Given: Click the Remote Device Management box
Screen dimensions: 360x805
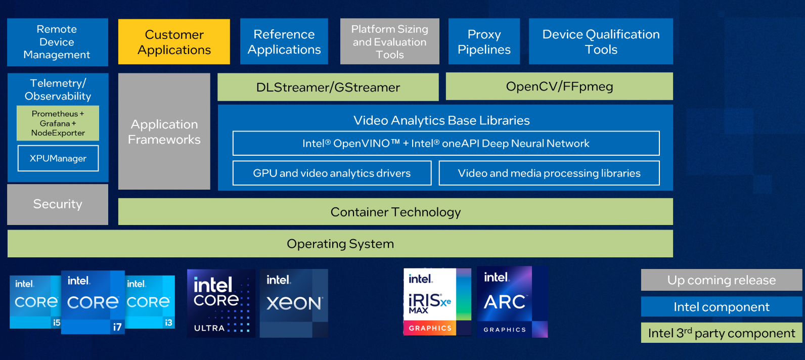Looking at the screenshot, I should point(57,42).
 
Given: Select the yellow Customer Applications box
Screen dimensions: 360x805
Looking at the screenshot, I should point(174,42).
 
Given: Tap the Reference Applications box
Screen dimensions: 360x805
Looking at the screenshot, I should point(284,42).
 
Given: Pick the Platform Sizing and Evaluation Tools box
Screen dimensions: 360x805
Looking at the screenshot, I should point(389,42).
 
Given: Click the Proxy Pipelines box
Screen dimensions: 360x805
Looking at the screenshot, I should point(484,42).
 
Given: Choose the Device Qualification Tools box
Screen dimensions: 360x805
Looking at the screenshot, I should point(601,42).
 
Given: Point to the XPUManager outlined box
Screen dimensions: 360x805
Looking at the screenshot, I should point(58,158).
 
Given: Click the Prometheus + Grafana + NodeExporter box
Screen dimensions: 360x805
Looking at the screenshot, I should point(58,123).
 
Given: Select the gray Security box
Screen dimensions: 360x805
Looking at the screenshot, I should point(58,204).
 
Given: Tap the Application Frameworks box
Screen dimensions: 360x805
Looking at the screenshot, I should point(164,131).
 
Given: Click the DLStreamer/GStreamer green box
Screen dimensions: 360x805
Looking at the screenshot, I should point(328,87).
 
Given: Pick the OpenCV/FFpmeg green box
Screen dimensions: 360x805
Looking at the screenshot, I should point(559,86).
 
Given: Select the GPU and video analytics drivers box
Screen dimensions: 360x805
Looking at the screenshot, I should point(332,173).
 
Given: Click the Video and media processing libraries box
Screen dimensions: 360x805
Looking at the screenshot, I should point(549,173).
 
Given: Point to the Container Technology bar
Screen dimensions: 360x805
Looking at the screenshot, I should point(395,212).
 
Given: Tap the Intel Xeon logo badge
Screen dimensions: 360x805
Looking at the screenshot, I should point(294,303).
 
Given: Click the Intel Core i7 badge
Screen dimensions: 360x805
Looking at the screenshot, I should point(93,302).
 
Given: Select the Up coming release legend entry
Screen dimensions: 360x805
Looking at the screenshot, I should point(721,280).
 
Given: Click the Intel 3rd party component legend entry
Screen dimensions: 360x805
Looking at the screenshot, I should point(721,333).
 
